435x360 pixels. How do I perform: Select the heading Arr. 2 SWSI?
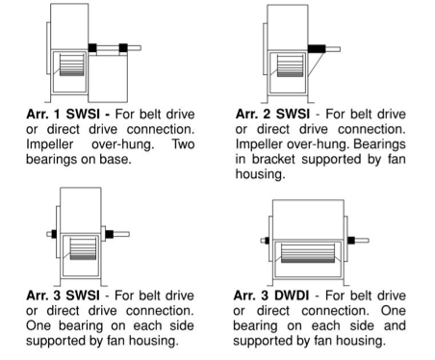pos(272,114)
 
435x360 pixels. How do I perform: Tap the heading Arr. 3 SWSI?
pos(63,296)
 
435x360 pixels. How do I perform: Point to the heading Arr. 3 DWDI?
pos(271,296)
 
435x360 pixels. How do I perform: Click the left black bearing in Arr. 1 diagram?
pos(92,48)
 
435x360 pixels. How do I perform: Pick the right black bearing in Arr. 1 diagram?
pos(123,48)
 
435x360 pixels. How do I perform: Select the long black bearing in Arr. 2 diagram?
pos(317,49)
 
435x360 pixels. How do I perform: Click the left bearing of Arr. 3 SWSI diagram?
pos(54,234)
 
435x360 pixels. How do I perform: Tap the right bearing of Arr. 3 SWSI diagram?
pos(109,234)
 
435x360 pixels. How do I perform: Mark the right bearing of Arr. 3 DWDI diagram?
pos(351,241)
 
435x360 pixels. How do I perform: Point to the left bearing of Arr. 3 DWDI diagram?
pos(267,241)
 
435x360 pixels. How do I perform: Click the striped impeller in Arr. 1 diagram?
pos(71,65)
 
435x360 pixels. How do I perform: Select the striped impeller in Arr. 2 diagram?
pos(290,65)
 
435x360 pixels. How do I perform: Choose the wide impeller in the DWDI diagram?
pos(308,253)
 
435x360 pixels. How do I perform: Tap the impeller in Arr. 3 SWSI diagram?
pos(83,249)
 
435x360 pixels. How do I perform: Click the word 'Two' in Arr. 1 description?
pos(183,144)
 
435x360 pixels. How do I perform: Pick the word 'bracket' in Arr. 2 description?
pos(273,159)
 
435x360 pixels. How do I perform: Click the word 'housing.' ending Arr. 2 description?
pos(260,174)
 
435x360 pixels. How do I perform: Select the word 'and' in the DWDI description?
pos(395,325)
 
